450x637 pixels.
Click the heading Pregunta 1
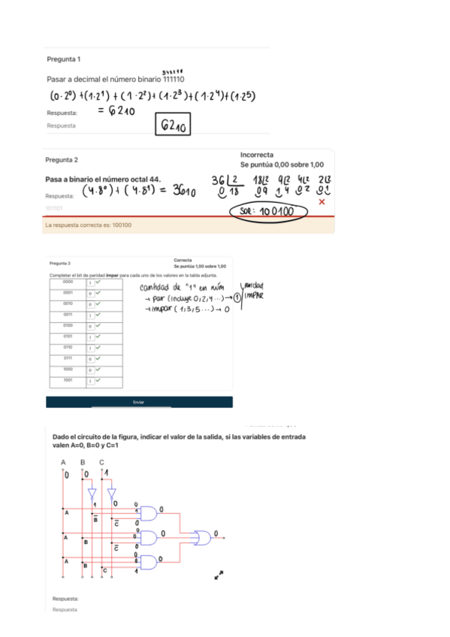pos(64,59)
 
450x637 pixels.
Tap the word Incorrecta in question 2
pos(256,154)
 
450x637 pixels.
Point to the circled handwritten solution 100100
pos(269,212)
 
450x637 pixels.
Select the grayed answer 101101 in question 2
pos(54,207)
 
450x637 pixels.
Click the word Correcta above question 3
pos(183,260)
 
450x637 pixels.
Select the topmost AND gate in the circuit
pos(150,513)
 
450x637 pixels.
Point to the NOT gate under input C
pos(110,495)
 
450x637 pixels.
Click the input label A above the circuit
pos(64,461)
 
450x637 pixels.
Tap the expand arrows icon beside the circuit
pos(220,575)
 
